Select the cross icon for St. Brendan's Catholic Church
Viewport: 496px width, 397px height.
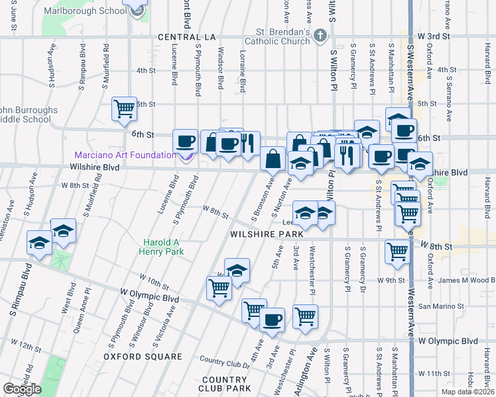click(320, 35)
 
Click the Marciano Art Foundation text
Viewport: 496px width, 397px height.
click(123, 155)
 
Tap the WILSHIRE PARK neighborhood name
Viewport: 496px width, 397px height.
click(266, 234)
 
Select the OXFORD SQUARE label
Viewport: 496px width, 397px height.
click(143, 357)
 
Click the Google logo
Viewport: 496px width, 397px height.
click(22, 389)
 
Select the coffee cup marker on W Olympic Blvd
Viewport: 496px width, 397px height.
click(271, 321)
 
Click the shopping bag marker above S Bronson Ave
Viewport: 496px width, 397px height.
click(273, 159)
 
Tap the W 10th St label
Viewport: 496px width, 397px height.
click(154, 281)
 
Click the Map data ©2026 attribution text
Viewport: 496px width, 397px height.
click(468, 392)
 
